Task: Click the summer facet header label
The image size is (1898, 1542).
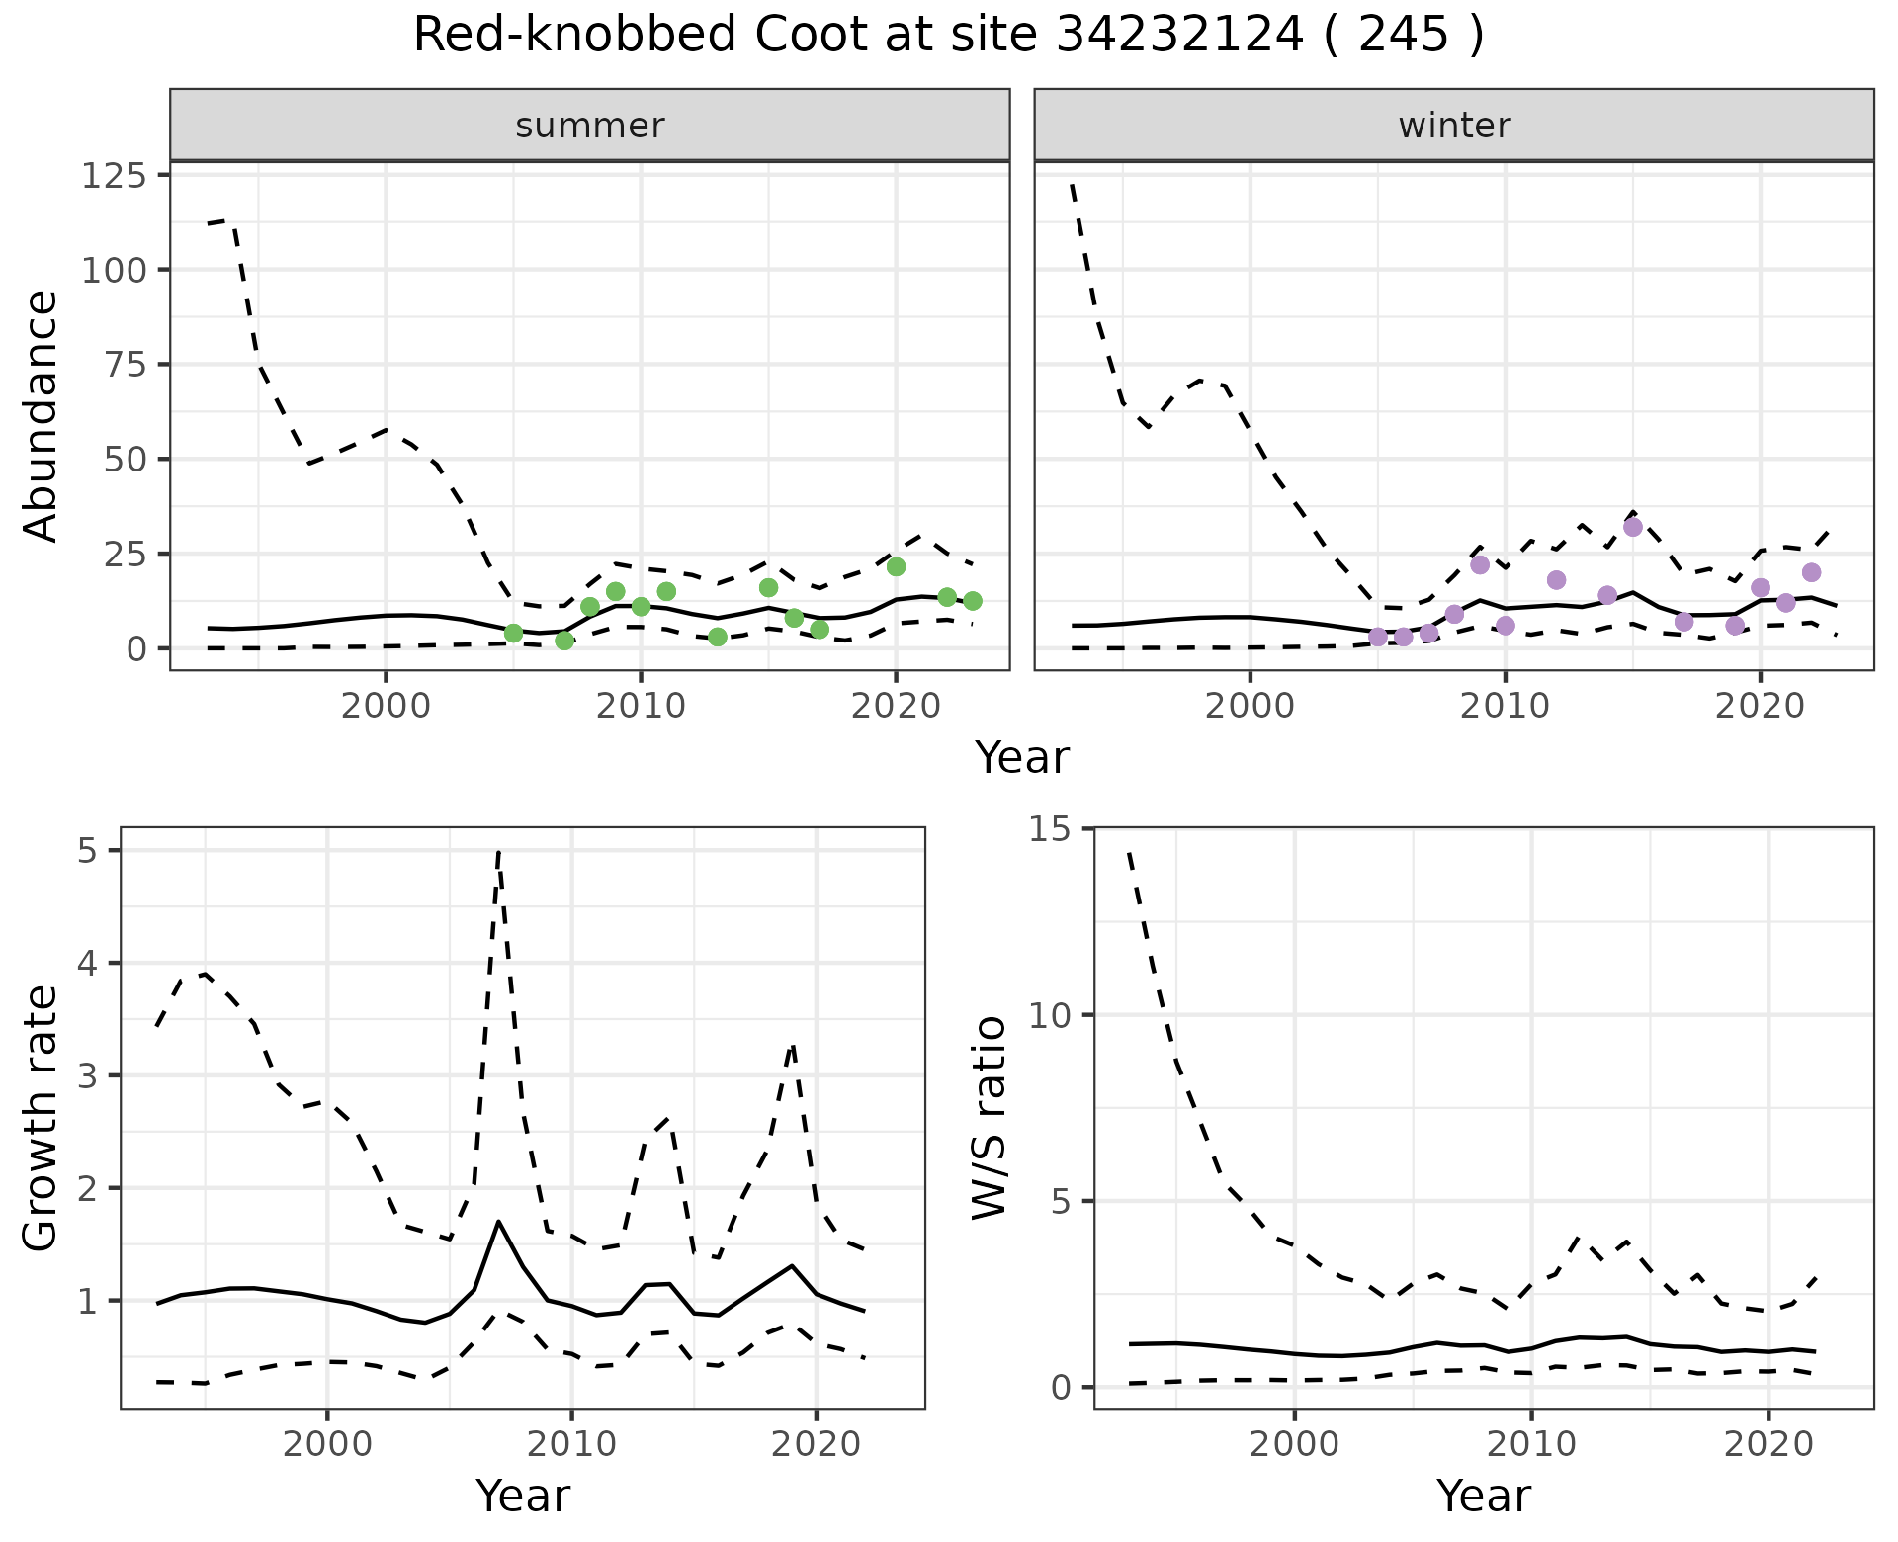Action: (590, 126)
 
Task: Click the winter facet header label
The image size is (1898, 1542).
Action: (1454, 126)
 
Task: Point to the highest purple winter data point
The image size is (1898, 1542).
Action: (1633, 527)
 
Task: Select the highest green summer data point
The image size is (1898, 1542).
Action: (896, 566)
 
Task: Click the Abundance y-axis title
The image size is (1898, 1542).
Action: (42, 415)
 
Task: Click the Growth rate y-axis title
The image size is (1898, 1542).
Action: (42, 1118)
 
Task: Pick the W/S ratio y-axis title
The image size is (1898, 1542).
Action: (989, 1118)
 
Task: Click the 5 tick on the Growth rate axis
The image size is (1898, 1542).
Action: (89, 851)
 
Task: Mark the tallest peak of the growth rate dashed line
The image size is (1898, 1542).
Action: (499, 851)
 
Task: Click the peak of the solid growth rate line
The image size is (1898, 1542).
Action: (499, 1222)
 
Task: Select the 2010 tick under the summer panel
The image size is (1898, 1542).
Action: (641, 707)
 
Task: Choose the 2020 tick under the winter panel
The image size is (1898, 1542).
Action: (1760, 707)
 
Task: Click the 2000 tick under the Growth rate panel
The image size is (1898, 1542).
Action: (327, 1444)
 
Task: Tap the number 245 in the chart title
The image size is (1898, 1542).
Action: (1404, 37)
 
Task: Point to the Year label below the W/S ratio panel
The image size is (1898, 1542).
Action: (1483, 1496)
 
